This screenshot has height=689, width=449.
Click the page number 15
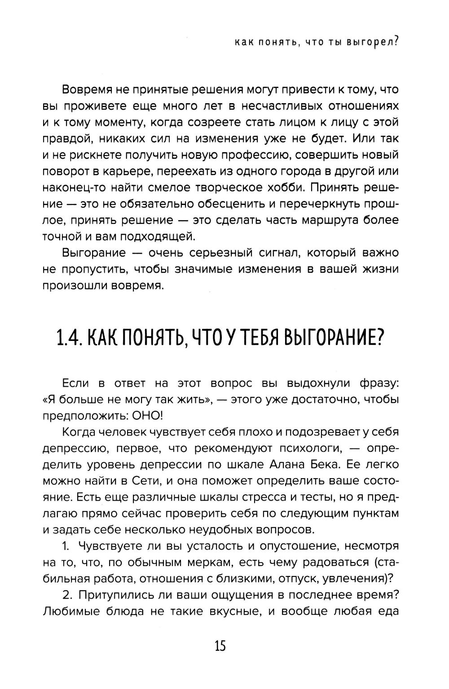[x=220, y=646]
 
